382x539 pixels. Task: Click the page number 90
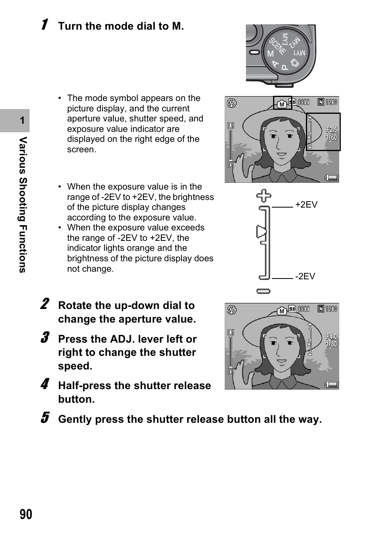[x=26, y=514]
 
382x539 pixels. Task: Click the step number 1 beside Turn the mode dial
[x=45, y=24]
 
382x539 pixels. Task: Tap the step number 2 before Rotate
[x=45, y=304]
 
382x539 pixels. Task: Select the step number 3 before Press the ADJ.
[x=45, y=337]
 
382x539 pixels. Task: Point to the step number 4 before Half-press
[x=45, y=384]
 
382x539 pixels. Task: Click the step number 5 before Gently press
[x=45, y=418]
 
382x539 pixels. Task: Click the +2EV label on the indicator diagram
[x=306, y=205]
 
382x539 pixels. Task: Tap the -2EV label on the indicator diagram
[x=305, y=277]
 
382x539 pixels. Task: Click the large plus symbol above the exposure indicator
[x=263, y=196]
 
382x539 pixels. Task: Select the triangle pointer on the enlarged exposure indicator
[x=261, y=232]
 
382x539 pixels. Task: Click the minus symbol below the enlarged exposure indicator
[x=263, y=291]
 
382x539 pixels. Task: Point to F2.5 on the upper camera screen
[x=332, y=130]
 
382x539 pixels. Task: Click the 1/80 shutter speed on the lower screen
[x=331, y=344]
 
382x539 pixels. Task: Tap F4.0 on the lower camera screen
[x=332, y=337]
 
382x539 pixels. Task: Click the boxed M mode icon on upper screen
[x=282, y=104]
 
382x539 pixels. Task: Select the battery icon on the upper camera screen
[x=332, y=178]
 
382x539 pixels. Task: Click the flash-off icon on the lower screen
[x=231, y=310]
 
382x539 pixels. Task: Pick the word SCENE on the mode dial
[x=277, y=46]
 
